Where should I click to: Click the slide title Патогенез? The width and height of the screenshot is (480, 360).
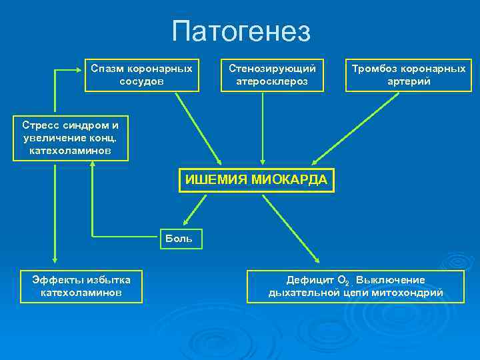[x=241, y=31]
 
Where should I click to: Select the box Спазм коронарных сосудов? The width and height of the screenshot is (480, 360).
[x=142, y=75]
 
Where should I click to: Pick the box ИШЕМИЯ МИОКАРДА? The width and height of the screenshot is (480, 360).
[x=256, y=180]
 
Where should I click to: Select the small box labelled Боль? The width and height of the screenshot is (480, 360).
[x=179, y=238]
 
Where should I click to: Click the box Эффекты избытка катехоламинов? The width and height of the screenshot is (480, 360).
[x=81, y=286]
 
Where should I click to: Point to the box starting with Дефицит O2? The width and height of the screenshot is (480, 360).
[x=355, y=286]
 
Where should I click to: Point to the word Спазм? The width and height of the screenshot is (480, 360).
[x=107, y=69]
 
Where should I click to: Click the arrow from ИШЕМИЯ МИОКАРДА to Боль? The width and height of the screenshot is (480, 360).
[x=196, y=211]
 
